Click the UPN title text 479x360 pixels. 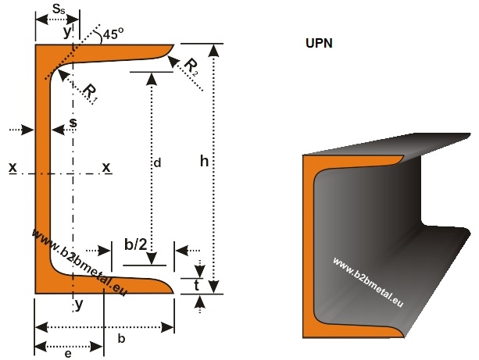pos(318,44)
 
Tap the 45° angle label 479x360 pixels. pos(115,35)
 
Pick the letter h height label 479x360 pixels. pos(204,161)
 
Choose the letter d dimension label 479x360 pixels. pos(157,163)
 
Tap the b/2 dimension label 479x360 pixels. pos(135,245)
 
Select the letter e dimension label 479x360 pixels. pos(68,354)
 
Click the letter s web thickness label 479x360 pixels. pos(73,123)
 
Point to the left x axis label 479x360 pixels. pos(13,166)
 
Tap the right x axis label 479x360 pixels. pos(106,166)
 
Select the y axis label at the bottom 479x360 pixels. pos(78,305)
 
